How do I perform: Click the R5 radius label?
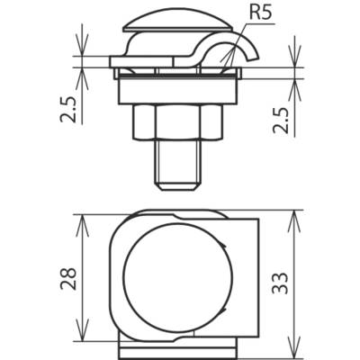tap(260, 14)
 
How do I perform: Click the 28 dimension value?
tap(68, 278)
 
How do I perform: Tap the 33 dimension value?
tap(280, 283)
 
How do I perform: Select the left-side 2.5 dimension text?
tap(68, 110)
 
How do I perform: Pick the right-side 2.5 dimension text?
tap(281, 120)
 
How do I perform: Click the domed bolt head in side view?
tap(177, 22)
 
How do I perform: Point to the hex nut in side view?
tap(178, 121)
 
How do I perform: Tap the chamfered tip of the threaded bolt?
tap(177, 185)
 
